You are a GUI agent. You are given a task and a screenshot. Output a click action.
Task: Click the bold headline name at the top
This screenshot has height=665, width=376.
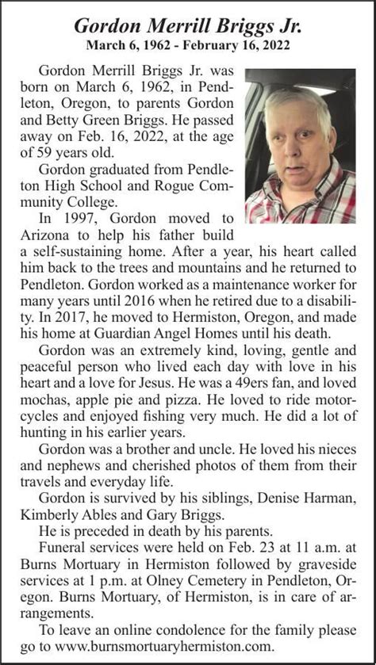[188, 25]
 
